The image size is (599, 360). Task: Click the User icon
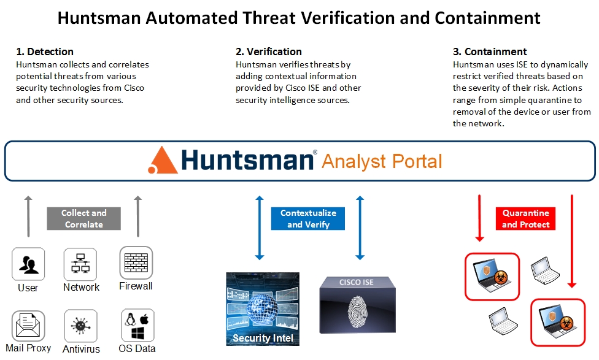28,264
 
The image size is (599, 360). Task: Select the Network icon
80,264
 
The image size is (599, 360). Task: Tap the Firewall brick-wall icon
136,262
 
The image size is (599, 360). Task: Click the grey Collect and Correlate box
84,219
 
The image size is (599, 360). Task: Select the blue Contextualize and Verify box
308,219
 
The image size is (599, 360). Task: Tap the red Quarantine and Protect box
525,219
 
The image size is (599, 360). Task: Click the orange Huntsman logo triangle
163,161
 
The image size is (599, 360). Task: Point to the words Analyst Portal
381,161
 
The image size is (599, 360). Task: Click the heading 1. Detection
45,52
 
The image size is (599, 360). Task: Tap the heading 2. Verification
269,52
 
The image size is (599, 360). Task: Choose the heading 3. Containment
490,52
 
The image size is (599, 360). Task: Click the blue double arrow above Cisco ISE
360,227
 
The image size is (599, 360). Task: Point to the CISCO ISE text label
357,283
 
